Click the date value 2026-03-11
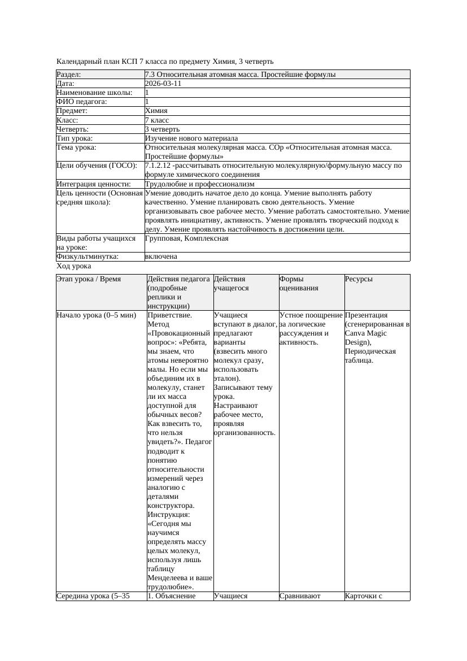tap(163, 84)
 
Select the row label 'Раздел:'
tap(69, 75)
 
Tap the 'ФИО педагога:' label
tap(82, 102)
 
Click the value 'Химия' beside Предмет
tap(156, 111)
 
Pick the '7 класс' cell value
tap(157, 120)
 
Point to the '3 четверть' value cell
tap(162, 129)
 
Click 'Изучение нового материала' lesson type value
tap(191, 138)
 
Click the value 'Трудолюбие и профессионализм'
tap(199, 184)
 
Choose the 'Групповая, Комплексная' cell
tap(186, 238)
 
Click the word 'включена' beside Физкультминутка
tap(161, 256)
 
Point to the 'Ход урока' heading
tap(74, 266)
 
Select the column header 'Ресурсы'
tap(359, 279)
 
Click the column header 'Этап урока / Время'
tap(89, 279)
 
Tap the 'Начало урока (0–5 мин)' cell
tap(97, 315)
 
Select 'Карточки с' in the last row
tap(364, 595)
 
